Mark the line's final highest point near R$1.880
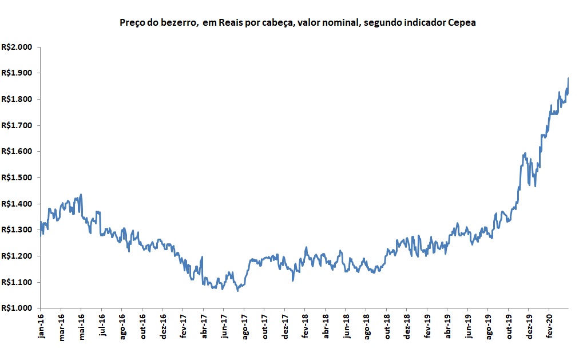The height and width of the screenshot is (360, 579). tap(568, 78)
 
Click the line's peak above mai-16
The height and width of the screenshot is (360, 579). tap(81, 195)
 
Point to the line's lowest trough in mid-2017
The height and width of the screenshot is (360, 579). tap(237, 290)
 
